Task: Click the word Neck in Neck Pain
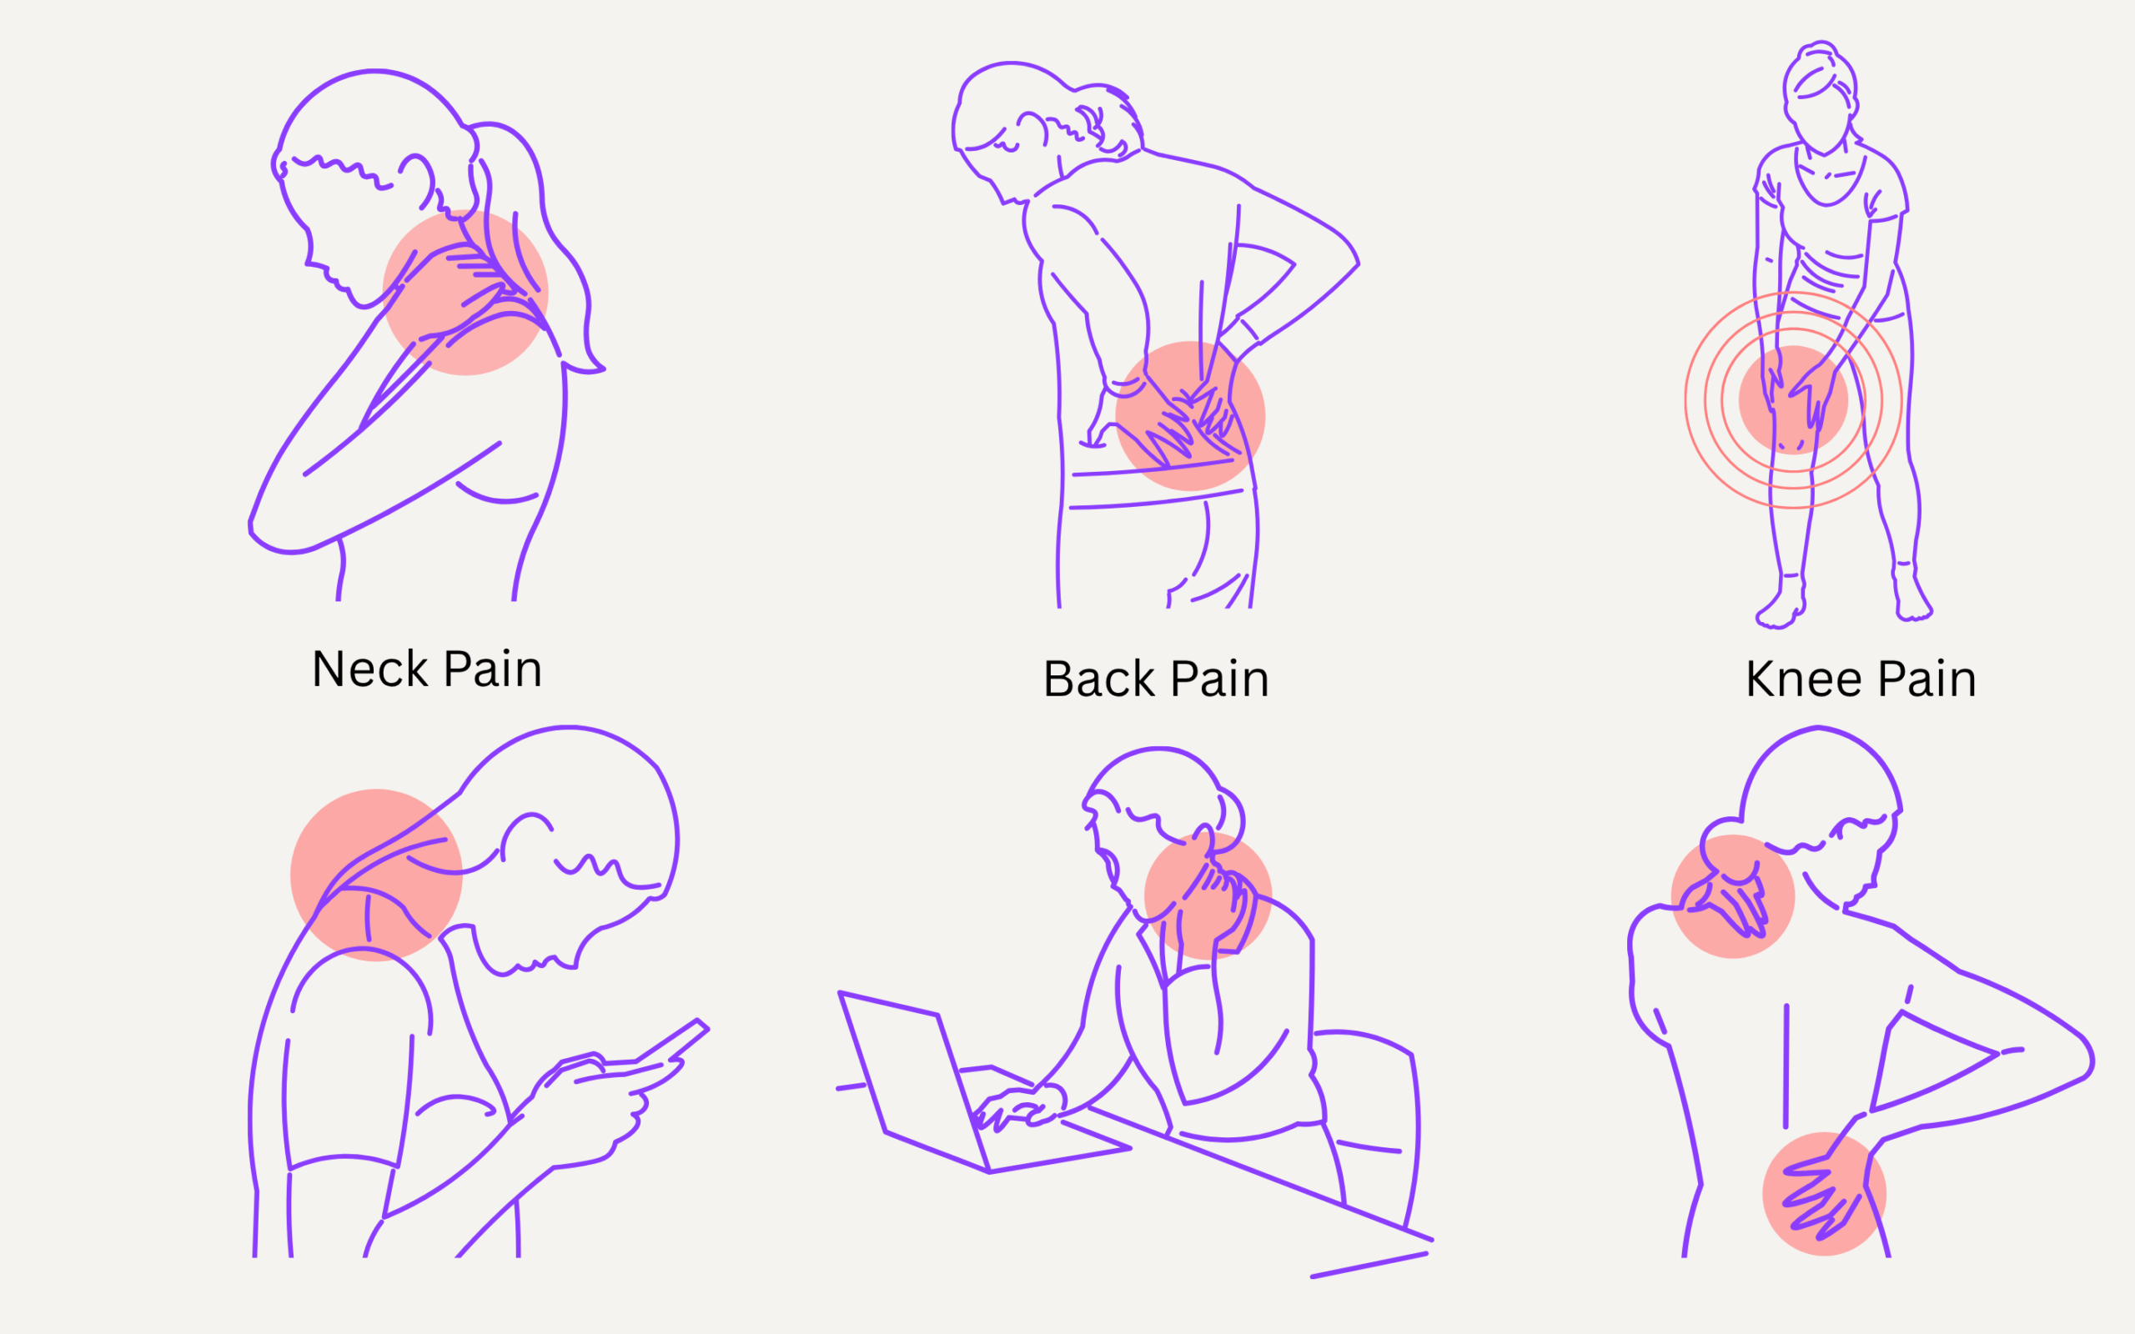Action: tap(369, 669)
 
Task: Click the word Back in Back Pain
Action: tap(1098, 680)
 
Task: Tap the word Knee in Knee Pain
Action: tap(1803, 680)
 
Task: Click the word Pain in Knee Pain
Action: tap(1927, 680)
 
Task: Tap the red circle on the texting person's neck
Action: tap(377, 875)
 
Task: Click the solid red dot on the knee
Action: tap(1793, 399)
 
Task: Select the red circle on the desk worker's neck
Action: tap(1208, 895)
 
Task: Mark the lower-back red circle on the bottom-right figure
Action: tap(1825, 1194)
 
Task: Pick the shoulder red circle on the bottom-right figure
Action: tap(1733, 896)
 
